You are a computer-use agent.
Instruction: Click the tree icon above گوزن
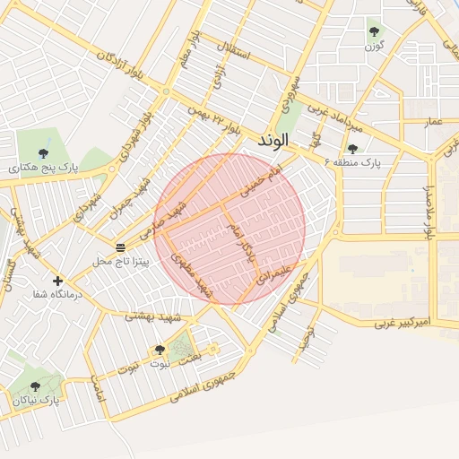tap(374, 32)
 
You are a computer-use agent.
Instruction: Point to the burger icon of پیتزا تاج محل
tap(120, 247)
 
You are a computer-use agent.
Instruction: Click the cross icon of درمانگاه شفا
tap(58, 281)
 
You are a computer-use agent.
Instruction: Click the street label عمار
tap(434, 120)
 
